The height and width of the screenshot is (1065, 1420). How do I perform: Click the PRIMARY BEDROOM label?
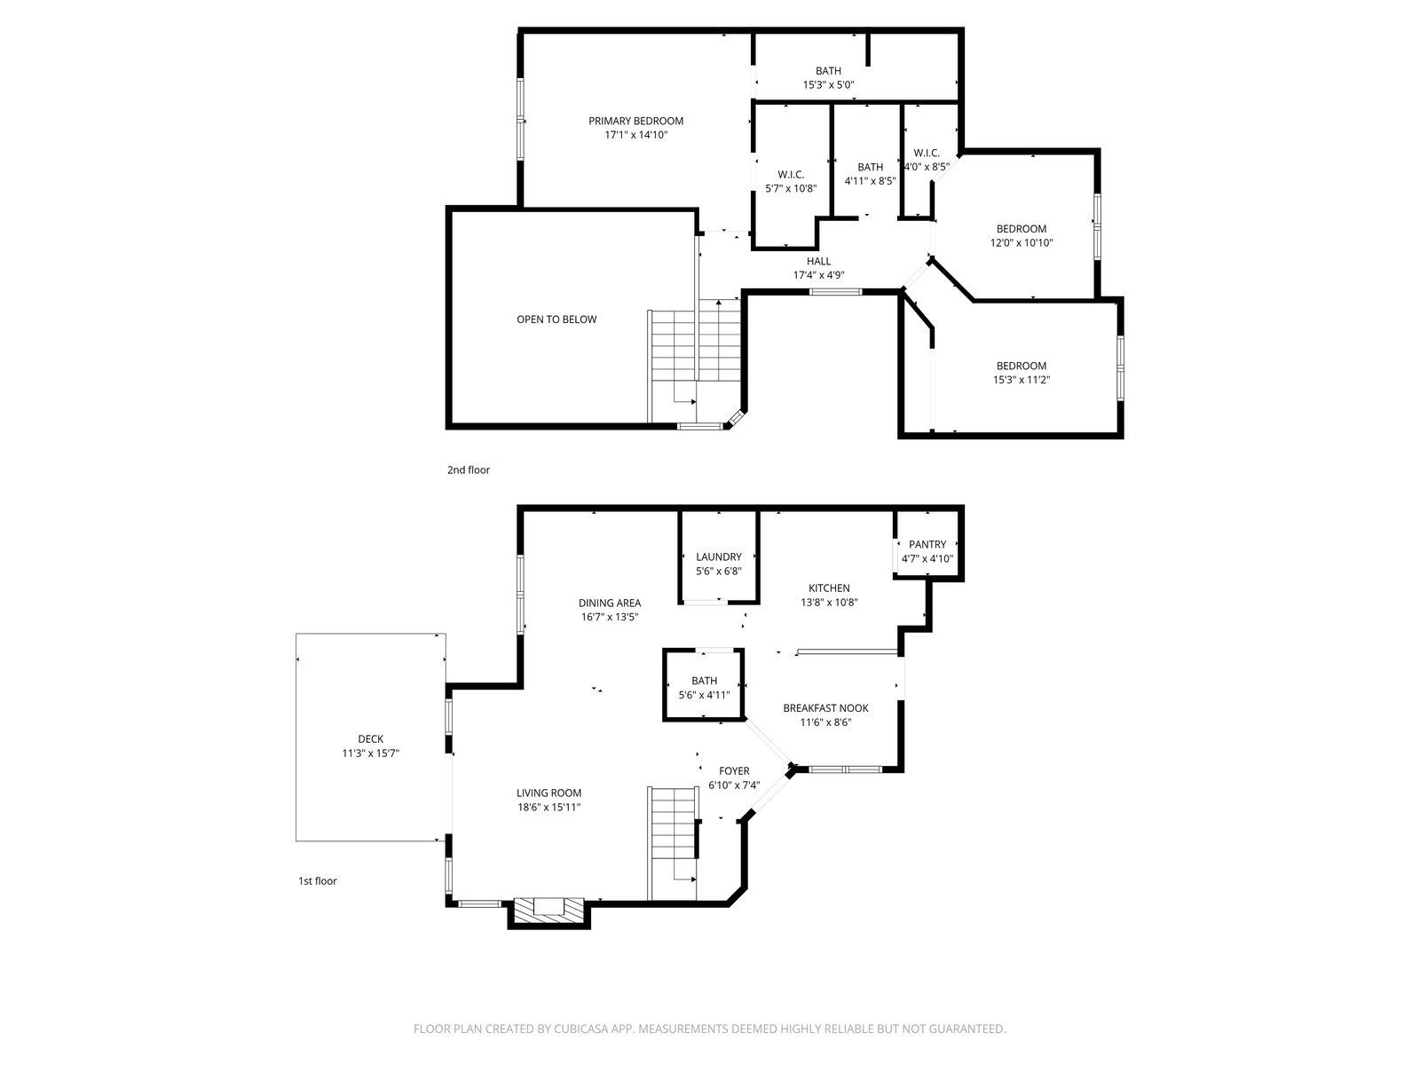[635, 121]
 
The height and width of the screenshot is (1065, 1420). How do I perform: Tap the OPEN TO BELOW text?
[556, 319]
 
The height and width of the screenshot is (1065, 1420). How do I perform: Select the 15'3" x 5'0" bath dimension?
[828, 84]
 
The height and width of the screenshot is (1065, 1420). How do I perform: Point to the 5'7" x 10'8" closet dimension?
[791, 189]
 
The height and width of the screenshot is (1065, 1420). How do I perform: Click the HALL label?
[818, 261]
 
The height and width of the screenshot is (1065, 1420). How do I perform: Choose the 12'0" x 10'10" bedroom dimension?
[1021, 243]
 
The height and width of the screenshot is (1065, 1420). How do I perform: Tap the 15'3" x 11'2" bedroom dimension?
[1021, 380]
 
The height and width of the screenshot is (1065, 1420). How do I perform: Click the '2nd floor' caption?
[469, 470]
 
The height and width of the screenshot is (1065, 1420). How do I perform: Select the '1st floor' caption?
[317, 880]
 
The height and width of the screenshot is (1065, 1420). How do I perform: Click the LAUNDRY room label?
[718, 556]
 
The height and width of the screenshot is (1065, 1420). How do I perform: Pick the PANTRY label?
[927, 544]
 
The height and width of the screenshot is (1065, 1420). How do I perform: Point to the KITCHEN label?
[829, 588]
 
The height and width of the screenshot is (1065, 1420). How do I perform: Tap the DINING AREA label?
[610, 603]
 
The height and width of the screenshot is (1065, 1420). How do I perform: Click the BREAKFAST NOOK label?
[825, 708]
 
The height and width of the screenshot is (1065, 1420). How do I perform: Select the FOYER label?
[734, 770]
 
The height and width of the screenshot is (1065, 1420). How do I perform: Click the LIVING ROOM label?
[548, 793]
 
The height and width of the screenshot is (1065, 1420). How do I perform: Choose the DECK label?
[371, 739]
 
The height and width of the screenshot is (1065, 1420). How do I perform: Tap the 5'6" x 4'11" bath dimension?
[704, 695]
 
